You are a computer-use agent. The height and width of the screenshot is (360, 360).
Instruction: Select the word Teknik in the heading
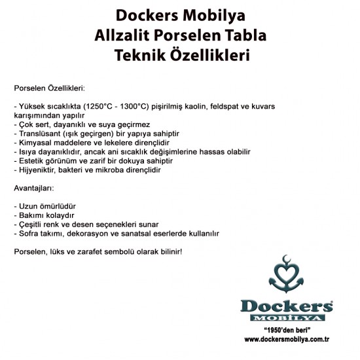click(138, 55)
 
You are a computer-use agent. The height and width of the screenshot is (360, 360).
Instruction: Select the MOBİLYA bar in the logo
click(286, 318)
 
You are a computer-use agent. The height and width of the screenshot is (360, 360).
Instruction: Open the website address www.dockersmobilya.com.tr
click(286, 339)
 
